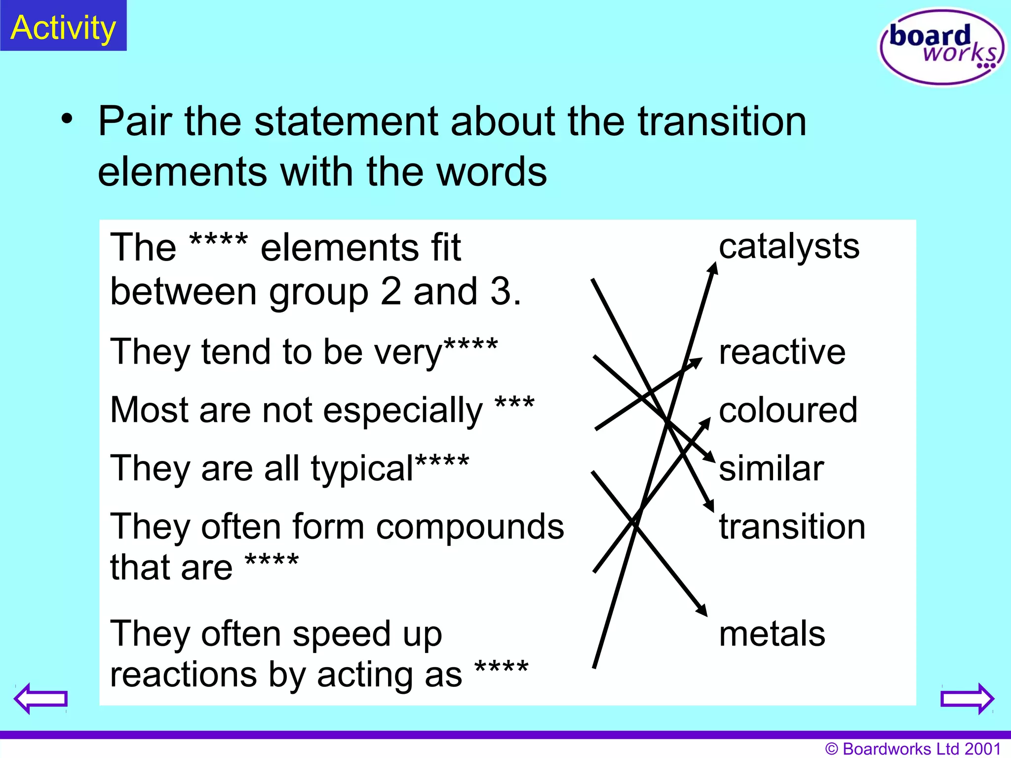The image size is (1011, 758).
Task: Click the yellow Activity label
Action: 63,28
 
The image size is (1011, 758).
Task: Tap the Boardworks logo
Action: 942,47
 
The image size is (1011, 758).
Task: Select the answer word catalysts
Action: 789,246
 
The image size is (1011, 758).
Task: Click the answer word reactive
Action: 782,352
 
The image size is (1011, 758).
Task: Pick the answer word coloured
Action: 788,410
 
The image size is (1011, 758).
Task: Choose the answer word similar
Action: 771,468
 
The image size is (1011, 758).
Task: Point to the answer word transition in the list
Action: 792,527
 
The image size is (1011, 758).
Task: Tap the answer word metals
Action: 772,634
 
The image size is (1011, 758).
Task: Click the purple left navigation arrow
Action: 40,698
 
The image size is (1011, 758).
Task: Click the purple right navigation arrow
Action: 967,698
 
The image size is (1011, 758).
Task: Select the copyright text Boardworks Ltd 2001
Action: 913,749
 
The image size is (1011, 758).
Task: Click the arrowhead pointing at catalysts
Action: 713,267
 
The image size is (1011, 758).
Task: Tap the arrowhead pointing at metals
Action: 702,611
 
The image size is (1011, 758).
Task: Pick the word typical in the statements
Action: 362,469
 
